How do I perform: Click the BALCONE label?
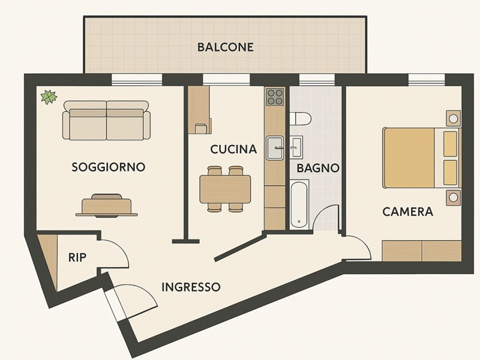[225, 47]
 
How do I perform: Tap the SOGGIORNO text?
[108, 167]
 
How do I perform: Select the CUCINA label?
[233, 149]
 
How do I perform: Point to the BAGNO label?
[318, 169]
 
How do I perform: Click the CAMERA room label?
[407, 212]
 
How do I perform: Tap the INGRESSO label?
[191, 287]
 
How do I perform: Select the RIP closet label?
[77, 258]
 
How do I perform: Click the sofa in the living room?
[107, 121]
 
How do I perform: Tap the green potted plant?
[48, 96]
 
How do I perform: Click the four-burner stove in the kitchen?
[275, 97]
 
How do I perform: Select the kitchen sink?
[275, 148]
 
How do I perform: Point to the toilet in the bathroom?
[299, 119]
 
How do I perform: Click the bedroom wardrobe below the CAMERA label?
[421, 251]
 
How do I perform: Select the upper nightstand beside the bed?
[453, 118]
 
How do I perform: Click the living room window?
[137, 79]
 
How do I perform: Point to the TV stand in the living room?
[107, 206]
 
